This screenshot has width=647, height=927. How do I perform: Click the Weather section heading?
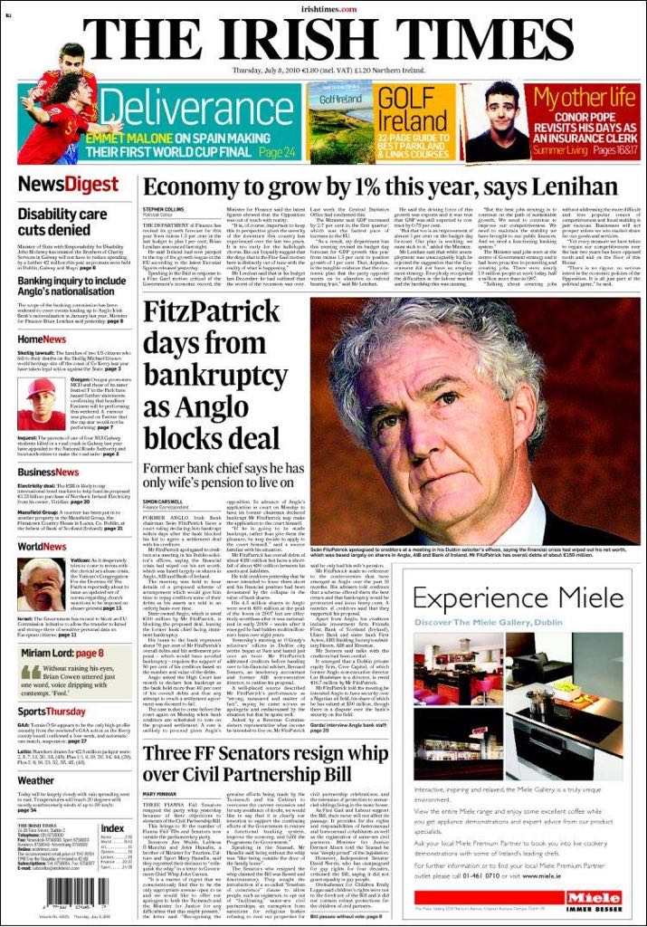[x=36, y=780]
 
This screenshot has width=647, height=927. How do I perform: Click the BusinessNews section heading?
[x=49, y=472]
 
